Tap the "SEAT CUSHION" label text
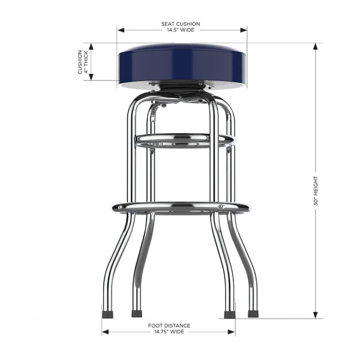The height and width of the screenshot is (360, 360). (x=180, y=24)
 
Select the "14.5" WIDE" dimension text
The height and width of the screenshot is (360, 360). (x=180, y=30)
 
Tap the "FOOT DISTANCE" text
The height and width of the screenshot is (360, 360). (x=169, y=325)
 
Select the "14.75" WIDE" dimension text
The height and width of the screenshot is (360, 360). (x=169, y=331)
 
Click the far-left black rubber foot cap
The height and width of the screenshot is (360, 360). (x=107, y=314)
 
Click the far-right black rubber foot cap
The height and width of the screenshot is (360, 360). (x=253, y=313)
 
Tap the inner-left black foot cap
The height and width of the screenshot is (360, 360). (x=136, y=313)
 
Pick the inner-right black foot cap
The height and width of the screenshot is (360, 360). (x=229, y=314)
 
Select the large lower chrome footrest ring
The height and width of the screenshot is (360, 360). (x=180, y=208)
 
